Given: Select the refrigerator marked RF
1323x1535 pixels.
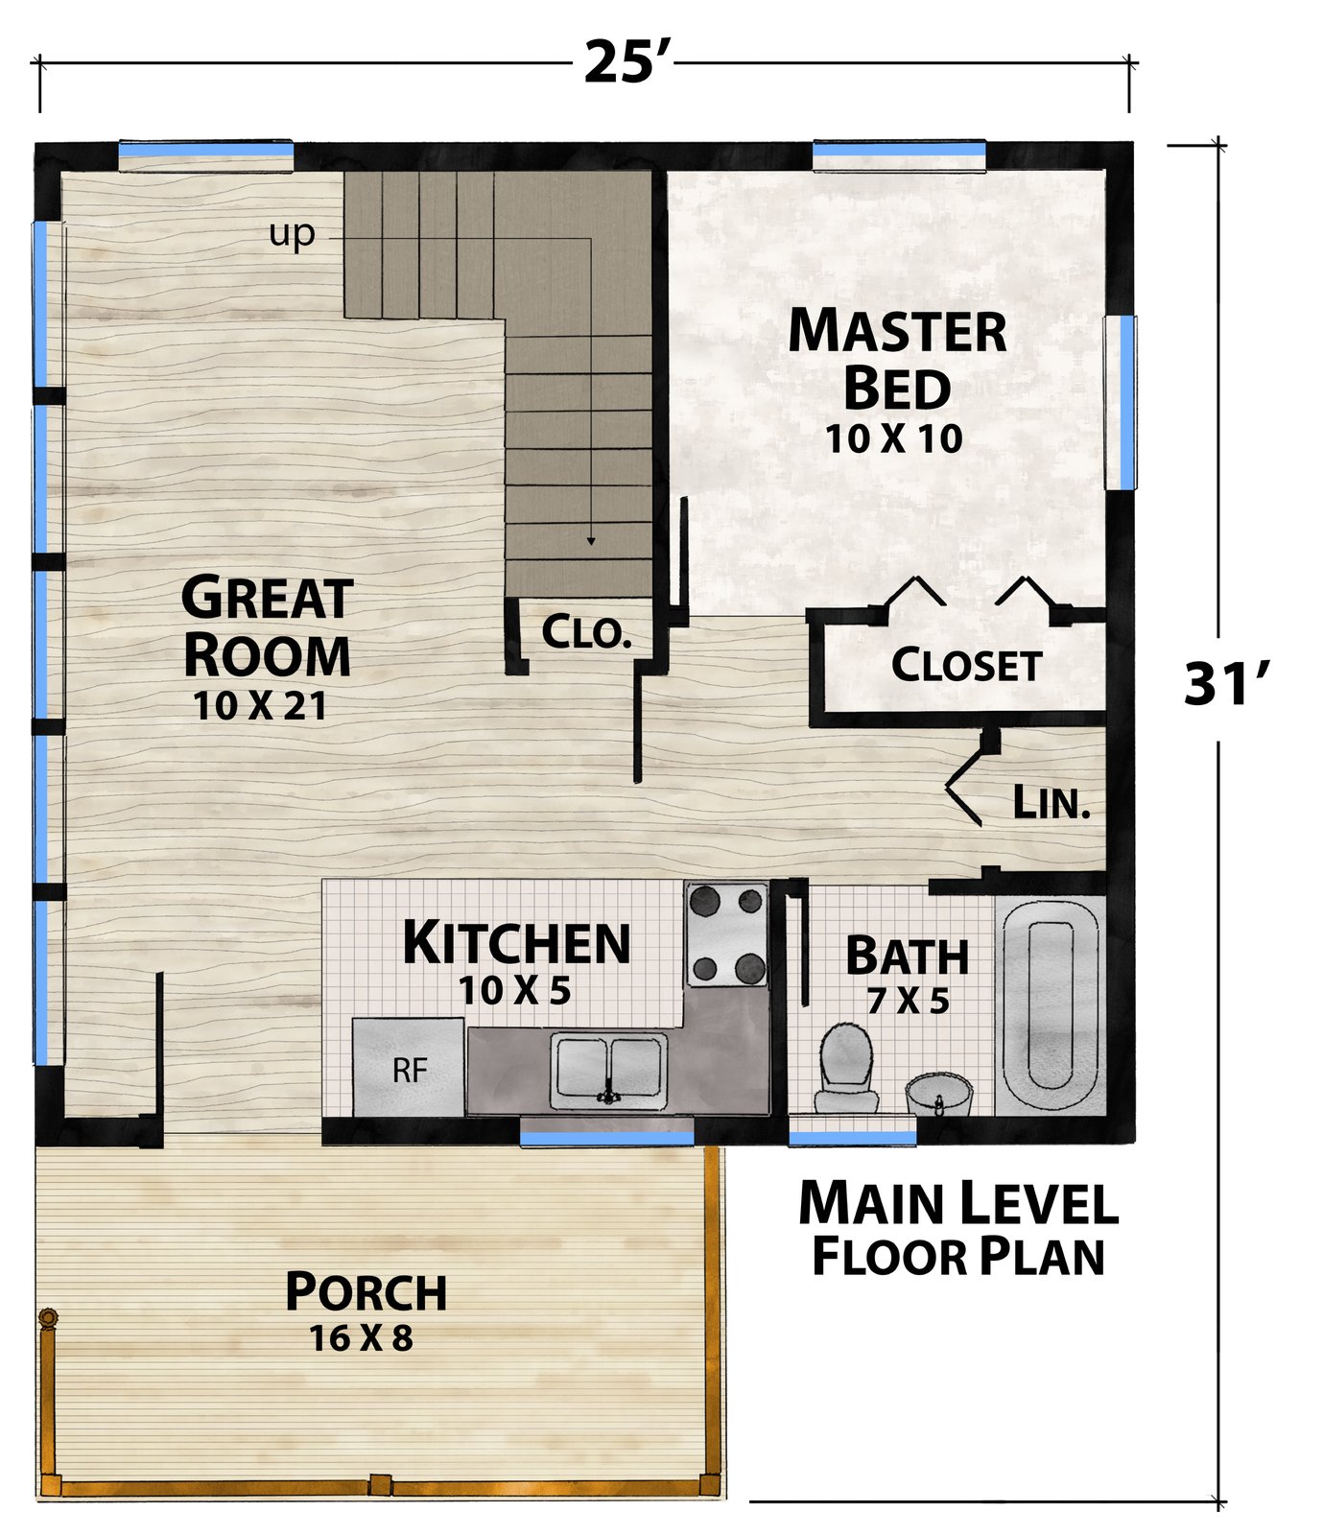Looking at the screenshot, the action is pos(410,1067).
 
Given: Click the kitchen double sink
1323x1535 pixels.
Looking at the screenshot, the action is pos(609,1070).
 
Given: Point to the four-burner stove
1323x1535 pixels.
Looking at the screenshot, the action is pos(726,934).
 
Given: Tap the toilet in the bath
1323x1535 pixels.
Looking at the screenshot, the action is pos(846,1067).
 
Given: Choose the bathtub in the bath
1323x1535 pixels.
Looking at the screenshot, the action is pos(1051,1004).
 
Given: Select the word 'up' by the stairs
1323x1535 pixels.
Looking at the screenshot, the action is pos(292,233).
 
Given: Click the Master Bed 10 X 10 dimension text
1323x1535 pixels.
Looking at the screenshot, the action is pos(894,439).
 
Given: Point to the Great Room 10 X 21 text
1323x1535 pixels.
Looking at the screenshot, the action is pos(260,706).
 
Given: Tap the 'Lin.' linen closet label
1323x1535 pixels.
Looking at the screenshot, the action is pos(1052,802).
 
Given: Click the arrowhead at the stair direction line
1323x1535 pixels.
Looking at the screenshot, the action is pos(591,541).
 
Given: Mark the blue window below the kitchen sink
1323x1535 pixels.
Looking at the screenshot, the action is pos(606,1138).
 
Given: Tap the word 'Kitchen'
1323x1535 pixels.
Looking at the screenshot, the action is pos(517,943).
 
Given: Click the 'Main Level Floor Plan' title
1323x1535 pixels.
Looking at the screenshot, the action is pos(958,1230).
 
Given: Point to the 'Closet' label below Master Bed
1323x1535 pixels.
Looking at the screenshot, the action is pos(966,665).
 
